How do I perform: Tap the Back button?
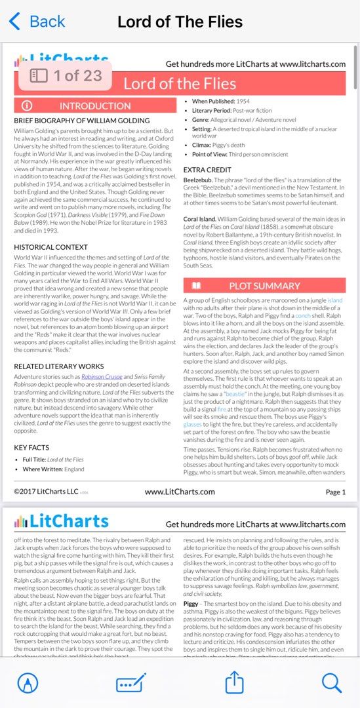[x=37, y=22]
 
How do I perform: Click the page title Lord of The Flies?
[x=180, y=22]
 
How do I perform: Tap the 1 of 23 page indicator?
[x=66, y=75]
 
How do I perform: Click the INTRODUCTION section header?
[x=95, y=106]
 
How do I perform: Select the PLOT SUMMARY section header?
[x=264, y=286]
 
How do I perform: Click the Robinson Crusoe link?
[x=102, y=378]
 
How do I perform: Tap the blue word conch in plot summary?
[x=303, y=315]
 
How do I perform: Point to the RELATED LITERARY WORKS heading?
[x=59, y=366]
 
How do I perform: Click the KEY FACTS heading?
[x=31, y=447]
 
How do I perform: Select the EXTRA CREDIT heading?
[x=207, y=170]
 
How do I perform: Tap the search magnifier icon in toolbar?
[x=332, y=683]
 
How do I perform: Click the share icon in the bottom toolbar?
[x=234, y=683]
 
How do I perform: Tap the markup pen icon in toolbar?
[x=28, y=683]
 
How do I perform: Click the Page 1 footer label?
[x=335, y=492]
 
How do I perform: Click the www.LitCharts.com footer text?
[x=180, y=492]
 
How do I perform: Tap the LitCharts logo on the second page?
[x=62, y=522]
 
